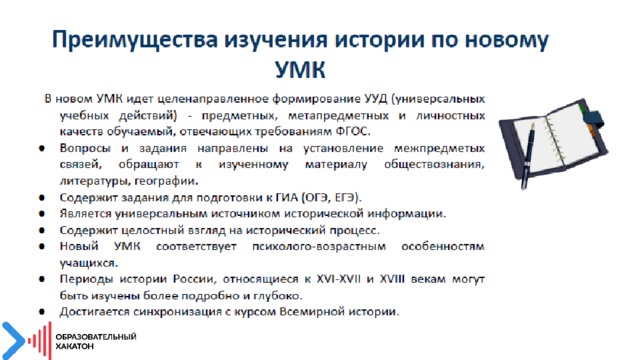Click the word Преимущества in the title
pyautogui.click(x=134, y=40)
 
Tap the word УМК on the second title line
pyautogui.click(x=300, y=70)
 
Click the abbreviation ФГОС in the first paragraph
pyautogui.click(x=352, y=132)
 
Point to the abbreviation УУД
pyautogui.click(x=375, y=99)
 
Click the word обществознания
pyautogui.click(x=434, y=165)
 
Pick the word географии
pyautogui.click(x=166, y=181)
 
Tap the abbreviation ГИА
pyautogui.click(x=287, y=198)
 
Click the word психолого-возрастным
pyautogui.click(x=319, y=247)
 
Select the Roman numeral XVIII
pyautogui.click(x=392, y=279)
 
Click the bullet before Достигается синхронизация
pyautogui.click(x=42, y=312)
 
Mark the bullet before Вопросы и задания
pyautogui.click(x=42, y=149)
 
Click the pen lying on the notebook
pyautogui.click(x=528, y=154)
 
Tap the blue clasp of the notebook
pyautogui.click(x=594, y=119)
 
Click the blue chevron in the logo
pyautogui.click(x=12, y=341)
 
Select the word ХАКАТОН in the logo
pyautogui.click(x=75, y=347)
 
